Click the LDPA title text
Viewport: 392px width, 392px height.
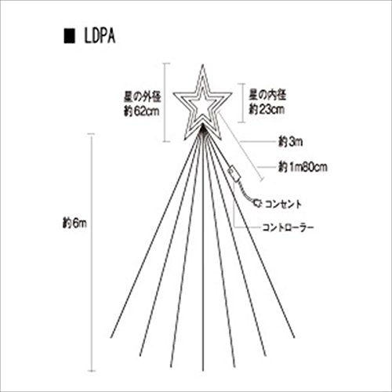(100, 37)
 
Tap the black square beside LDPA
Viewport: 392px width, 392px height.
(70, 37)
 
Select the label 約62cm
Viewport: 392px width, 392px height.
(142, 111)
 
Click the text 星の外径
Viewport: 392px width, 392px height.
(143, 97)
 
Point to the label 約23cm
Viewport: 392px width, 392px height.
(267, 109)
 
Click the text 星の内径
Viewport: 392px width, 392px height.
(267, 95)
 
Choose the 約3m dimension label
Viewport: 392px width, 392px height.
(290, 142)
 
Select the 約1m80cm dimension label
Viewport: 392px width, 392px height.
(303, 167)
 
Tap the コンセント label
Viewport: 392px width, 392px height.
(283, 204)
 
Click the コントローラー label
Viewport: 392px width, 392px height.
(288, 227)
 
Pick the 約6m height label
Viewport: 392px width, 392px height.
(74, 223)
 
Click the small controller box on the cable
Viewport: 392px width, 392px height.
(234, 175)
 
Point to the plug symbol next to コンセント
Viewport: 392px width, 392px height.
(257, 204)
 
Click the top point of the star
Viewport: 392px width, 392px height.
(202, 64)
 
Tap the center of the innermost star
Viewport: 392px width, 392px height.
(202, 106)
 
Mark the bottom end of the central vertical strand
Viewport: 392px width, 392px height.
(202, 371)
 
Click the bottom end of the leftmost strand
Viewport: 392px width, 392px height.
(111, 338)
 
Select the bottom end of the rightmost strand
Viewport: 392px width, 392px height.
(295, 338)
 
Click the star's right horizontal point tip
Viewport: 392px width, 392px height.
(232, 93)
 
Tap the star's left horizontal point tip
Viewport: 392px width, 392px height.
(173, 93)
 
